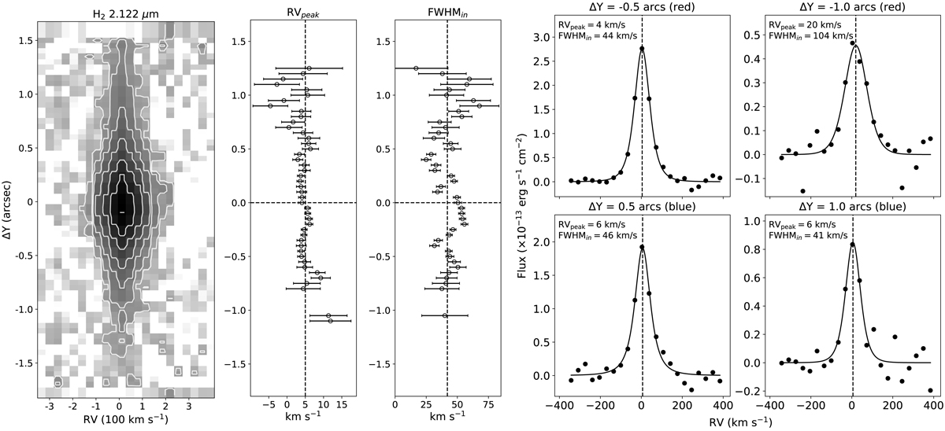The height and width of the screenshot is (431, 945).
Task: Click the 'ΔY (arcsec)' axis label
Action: [x=9, y=202]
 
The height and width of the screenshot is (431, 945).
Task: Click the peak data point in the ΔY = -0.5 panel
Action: [x=643, y=48]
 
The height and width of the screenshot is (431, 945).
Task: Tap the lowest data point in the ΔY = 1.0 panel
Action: [x=931, y=390]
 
